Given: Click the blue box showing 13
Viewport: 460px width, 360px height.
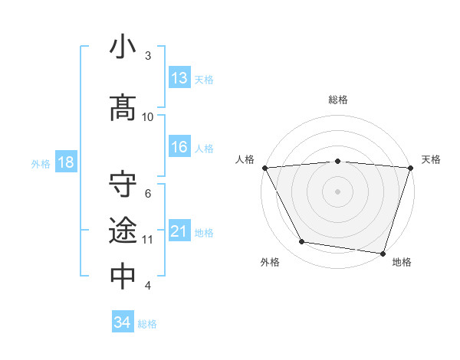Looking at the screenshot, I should click(179, 78).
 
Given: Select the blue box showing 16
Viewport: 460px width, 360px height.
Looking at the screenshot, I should click(179, 148).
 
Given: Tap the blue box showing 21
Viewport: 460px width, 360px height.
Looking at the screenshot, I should click(179, 231).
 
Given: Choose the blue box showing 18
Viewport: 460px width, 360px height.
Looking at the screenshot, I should click(65, 162).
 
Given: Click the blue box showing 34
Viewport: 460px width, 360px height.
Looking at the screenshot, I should click(123, 322).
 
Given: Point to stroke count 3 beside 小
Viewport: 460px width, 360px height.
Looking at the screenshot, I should click(148, 56).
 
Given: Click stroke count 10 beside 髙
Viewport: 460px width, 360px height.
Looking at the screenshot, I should click(148, 116).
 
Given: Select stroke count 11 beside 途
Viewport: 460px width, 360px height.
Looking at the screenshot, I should click(148, 239).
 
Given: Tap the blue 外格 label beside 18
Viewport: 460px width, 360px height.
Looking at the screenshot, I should click(41, 163).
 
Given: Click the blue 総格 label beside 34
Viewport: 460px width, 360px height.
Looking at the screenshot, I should click(147, 323).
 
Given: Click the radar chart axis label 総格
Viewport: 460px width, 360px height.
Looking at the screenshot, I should click(338, 100).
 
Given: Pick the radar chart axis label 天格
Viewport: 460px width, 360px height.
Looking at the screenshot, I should click(432, 159).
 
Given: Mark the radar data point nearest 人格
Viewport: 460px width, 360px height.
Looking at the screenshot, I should click(264, 168).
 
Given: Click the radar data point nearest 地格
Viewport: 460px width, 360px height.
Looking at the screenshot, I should click(383, 253).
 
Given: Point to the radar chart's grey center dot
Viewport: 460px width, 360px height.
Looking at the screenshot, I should click(338, 191).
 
